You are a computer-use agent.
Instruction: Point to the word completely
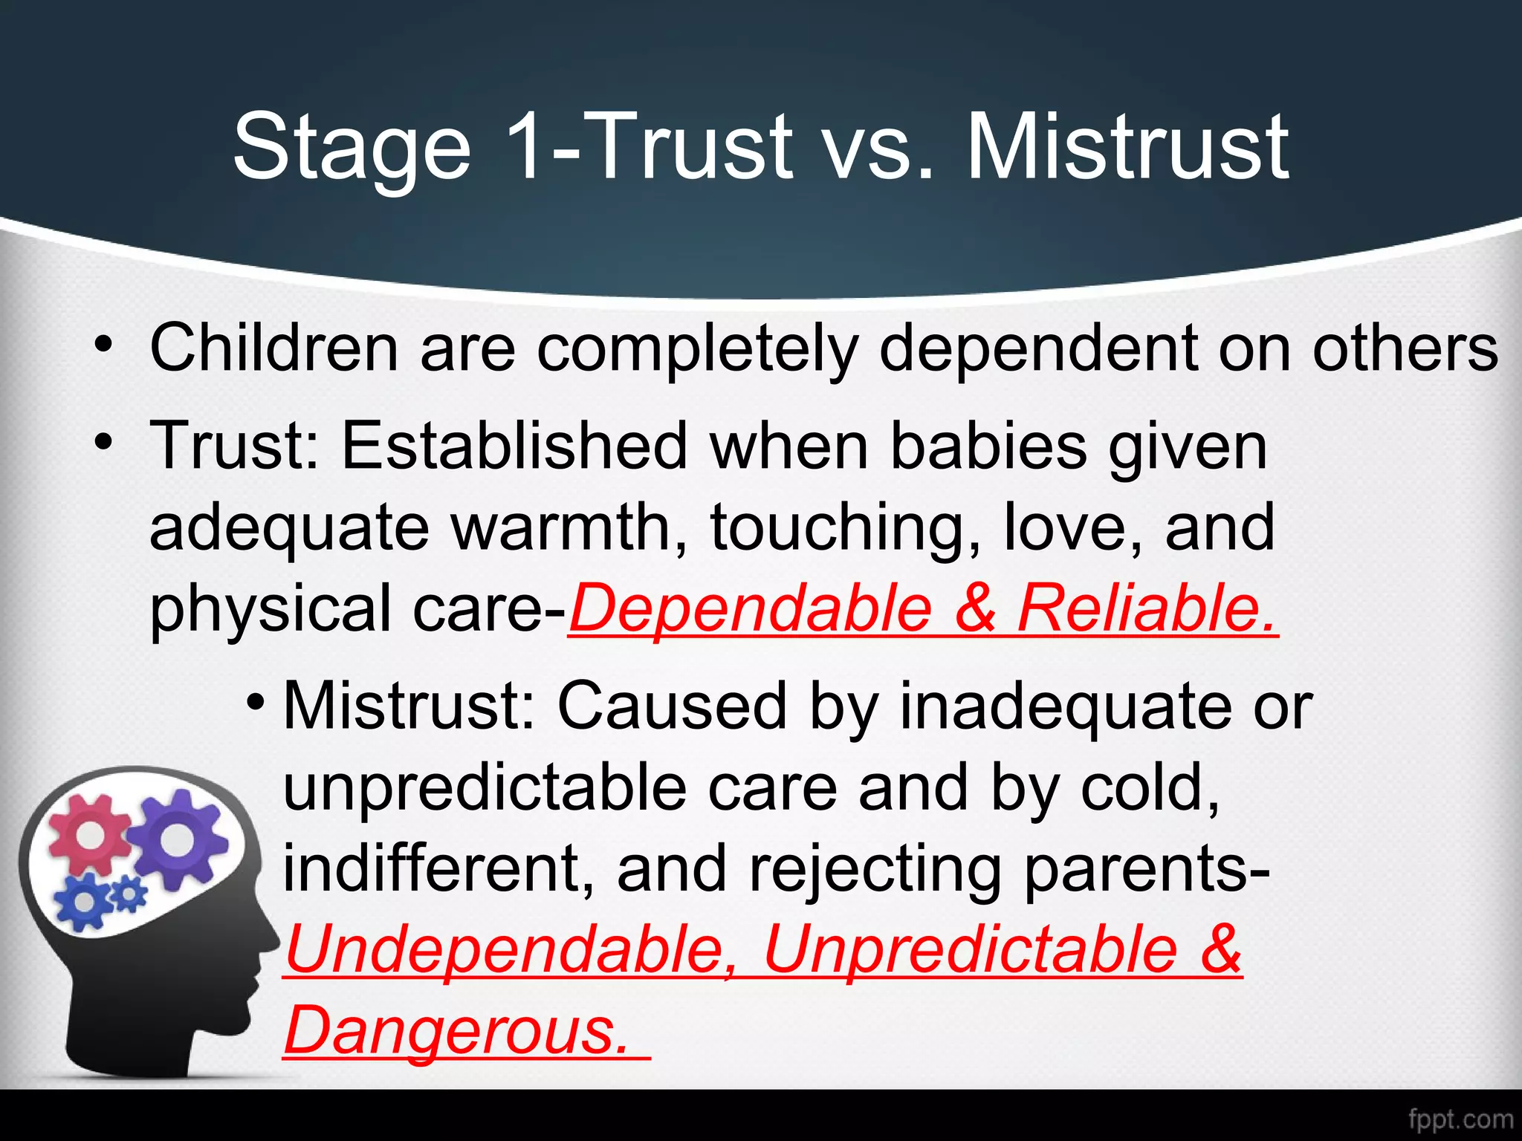(698, 349)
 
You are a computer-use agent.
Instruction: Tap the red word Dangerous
(456, 1030)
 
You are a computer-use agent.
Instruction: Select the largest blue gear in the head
(84, 901)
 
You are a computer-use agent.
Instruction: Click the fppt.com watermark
(1460, 1119)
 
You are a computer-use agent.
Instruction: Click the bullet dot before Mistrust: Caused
(256, 701)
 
